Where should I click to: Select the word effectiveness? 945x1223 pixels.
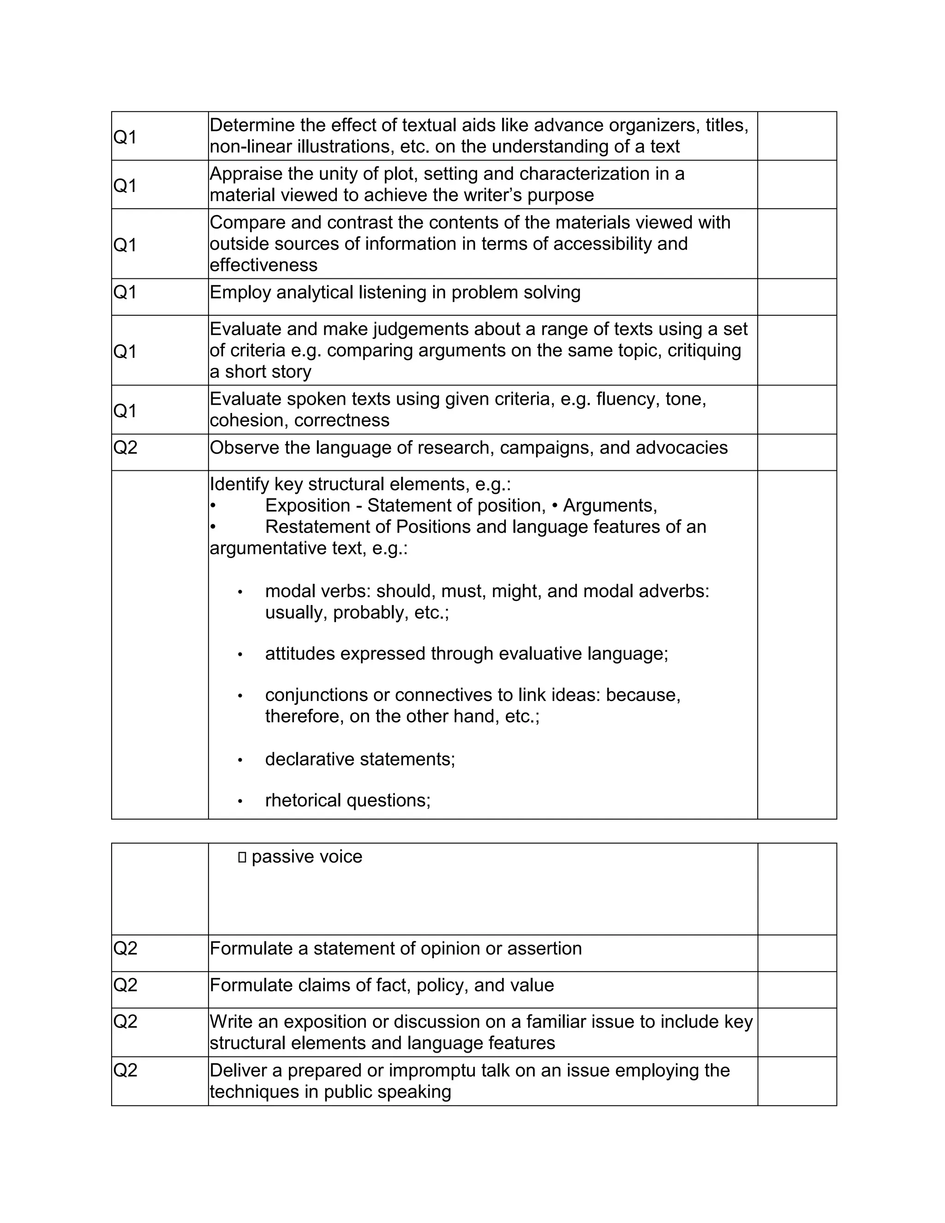pyautogui.click(x=263, y=265)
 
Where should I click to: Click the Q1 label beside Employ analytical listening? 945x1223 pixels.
pyautogui.click(x=125, y=292)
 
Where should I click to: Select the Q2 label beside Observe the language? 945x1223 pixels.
pyautogui.click(x=125, y=447)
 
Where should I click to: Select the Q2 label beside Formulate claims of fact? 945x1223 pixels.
pyautogui.click(x=125, y=985)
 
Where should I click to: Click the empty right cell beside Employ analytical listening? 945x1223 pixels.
pyautogui.click(x=796, y=297)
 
